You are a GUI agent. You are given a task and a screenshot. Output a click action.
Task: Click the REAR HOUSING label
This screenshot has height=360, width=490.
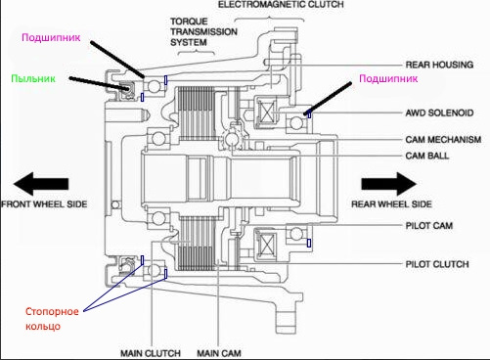point(439,65)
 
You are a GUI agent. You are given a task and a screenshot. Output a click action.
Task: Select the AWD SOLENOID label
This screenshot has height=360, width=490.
point(439,112)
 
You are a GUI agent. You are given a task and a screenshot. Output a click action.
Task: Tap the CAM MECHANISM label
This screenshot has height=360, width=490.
point(443,140)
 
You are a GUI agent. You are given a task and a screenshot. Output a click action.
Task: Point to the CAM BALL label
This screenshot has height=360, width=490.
point(427,156)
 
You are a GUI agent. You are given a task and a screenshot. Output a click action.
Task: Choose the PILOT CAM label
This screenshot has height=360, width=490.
point(429,225)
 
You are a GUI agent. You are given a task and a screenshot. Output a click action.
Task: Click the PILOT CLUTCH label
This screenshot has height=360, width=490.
point(437,264)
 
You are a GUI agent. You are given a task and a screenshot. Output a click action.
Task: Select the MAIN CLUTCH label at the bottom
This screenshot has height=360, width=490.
point(151,353)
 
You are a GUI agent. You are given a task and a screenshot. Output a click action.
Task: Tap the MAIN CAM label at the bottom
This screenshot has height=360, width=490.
point(219,353)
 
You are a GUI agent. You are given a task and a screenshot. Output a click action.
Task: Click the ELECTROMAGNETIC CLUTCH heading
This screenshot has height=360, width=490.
point(281,5)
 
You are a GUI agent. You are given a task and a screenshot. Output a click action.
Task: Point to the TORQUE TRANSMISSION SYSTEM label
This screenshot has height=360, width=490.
point(203,32)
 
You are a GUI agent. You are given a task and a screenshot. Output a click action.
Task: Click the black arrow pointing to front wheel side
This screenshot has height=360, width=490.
point(41,184)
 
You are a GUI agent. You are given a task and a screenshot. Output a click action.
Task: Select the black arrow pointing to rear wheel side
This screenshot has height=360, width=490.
point(388,184)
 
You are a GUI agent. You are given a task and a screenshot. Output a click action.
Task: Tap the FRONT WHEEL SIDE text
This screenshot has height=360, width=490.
point(44,204)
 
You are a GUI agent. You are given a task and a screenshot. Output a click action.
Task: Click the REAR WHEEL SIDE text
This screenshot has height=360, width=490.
point(391,204)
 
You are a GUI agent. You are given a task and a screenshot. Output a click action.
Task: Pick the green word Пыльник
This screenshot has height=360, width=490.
point(33,78)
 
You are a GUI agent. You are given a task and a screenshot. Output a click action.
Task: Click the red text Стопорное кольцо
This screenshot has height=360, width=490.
point(52,319)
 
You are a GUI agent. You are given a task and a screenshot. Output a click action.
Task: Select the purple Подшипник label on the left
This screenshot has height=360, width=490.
point(51,37)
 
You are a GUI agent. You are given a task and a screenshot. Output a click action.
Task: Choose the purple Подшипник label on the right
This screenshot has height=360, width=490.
point(388,78)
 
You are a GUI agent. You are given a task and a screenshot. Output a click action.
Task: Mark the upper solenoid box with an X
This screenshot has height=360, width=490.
point(267,112)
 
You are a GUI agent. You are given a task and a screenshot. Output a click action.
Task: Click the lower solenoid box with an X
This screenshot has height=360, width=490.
point(267,244)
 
